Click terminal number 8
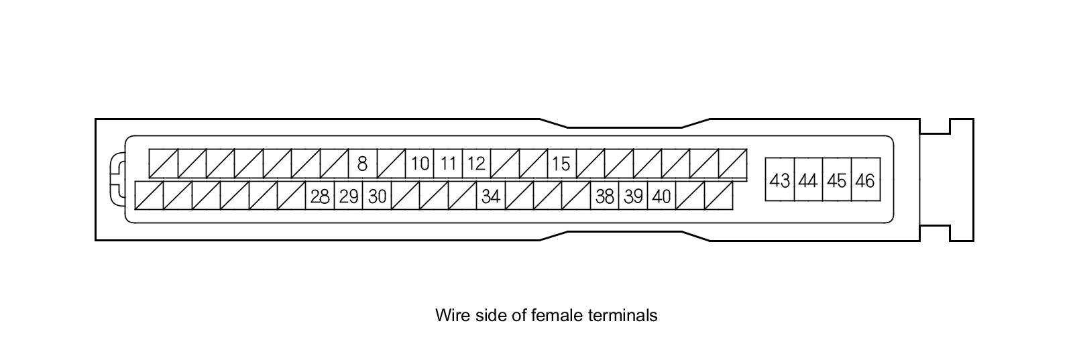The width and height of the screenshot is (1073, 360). (362, 164)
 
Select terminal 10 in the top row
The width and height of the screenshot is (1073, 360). (420, 164)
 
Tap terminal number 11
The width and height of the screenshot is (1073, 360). (448, 164)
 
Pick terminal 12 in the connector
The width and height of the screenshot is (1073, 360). (476, 164)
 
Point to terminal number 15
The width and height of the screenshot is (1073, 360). (561, 164)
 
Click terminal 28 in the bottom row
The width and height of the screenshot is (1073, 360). (320, 196)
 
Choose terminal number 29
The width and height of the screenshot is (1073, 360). (349, 196)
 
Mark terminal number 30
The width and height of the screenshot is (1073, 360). (377, 196)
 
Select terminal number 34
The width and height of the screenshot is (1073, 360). (491, 196)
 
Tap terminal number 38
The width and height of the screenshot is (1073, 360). (604, 196)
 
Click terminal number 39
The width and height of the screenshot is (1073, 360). (633, 196)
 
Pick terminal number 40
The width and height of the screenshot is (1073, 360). (661, 196)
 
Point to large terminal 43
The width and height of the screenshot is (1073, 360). (780, 180)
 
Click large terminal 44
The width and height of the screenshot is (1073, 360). (808, 180)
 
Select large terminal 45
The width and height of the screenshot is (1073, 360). (837, 180)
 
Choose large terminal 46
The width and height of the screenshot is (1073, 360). (865, 180)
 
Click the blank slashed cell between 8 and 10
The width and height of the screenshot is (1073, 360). (391, 164)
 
